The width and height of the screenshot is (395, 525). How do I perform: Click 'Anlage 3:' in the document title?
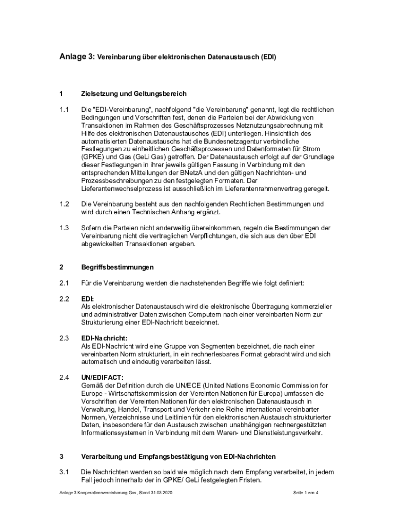[x=77, y=57]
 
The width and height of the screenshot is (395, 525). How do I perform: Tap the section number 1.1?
[x=64, y=110]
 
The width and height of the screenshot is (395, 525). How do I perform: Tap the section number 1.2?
[x=64, y=204]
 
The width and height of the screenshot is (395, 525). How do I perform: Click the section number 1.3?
[x=64, y=228]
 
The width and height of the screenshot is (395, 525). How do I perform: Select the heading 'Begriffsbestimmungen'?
[x=117, y=267]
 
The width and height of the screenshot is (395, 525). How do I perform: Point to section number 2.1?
[x=64, y=283]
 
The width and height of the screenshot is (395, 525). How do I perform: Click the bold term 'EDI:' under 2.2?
[x=87, y=298]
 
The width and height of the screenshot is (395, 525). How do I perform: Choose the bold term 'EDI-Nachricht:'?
[x=104, y=338]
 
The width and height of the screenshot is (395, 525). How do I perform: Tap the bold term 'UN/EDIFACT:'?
[x=102, y=378]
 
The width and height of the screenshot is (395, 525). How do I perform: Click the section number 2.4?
[x=64, y=378]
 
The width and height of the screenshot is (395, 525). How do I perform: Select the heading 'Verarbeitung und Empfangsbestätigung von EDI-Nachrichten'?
[x=179, y=456]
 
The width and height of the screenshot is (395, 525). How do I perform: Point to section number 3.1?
[x=64, y=472]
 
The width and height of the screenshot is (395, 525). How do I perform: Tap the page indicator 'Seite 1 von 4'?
[x=306, y=493]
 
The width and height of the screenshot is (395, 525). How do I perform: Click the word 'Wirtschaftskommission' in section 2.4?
[x=142, y=394]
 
